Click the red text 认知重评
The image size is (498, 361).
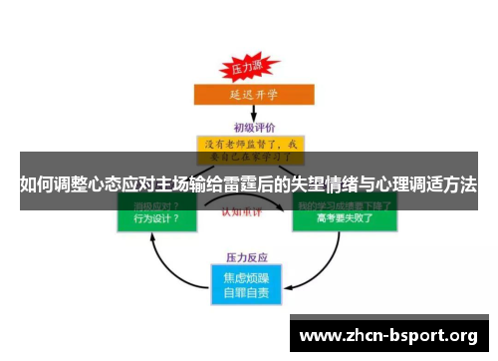[249, 210]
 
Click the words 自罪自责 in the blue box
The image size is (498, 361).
[249, 293]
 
